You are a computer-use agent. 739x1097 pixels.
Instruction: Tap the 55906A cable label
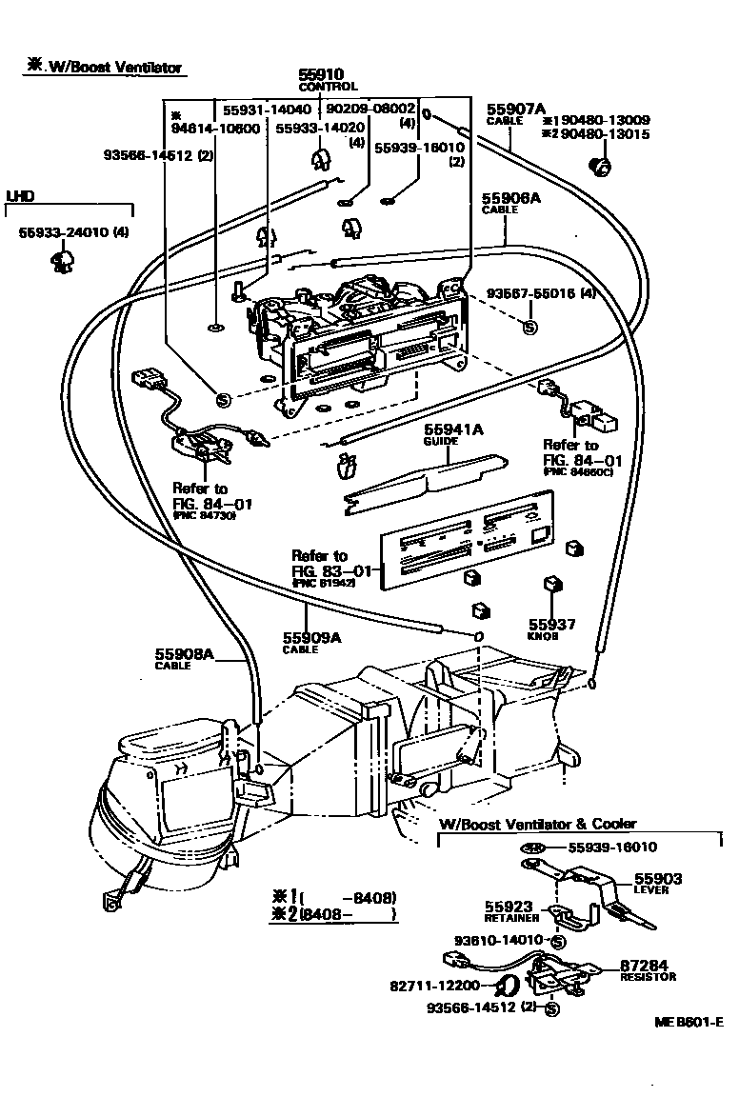click(510, 199)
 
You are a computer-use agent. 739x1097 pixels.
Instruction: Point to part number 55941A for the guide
click(452, 430)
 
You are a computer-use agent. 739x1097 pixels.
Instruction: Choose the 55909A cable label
click(310, 638)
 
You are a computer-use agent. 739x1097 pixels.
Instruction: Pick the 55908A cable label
click(186, 654)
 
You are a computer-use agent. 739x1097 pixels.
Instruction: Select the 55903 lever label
click(658, 879)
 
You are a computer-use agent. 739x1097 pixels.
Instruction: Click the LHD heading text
click(20, 196)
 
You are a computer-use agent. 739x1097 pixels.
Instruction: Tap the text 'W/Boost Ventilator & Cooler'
click(537, 824)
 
